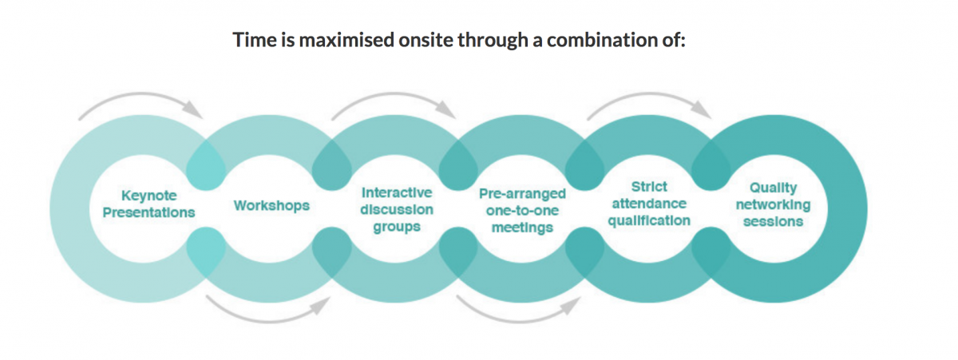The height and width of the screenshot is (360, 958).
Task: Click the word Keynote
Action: coord(148,196)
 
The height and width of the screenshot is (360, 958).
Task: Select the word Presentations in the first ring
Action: coord(148,212)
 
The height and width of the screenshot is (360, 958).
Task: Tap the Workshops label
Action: coord(271,206)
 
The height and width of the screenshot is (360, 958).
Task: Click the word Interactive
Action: coord(397,193)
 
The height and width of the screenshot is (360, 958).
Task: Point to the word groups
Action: coord(397,227)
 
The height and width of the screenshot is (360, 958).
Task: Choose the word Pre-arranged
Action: coord(522,194)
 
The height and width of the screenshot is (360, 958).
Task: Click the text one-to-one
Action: coord(522,211)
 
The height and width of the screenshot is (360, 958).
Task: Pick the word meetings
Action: coord(522,227)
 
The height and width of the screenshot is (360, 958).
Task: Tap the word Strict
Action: coord(649,187)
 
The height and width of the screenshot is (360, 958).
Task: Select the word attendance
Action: coord(649,204)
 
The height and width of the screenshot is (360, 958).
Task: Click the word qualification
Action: coord(649,221)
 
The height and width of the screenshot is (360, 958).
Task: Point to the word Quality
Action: coord(774,188)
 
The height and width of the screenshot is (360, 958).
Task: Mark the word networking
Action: coord(774,205)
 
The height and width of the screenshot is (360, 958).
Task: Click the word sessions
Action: coord(774,222)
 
